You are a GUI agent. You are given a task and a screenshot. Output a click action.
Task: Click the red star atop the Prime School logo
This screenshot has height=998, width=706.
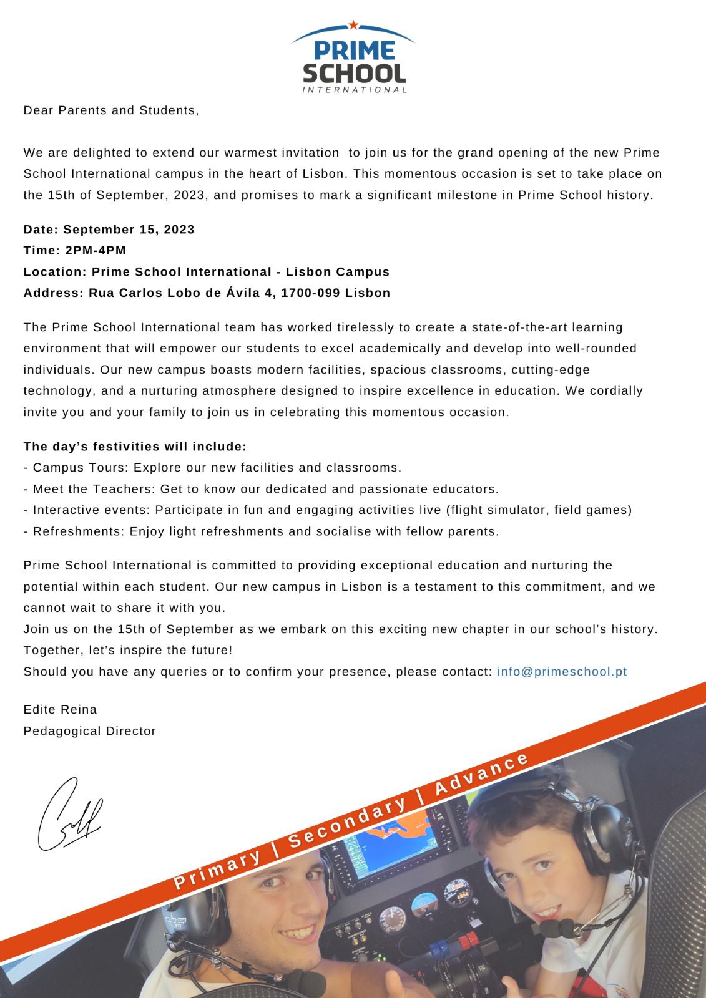353,25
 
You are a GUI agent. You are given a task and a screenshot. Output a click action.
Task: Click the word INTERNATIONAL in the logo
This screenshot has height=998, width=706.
355,90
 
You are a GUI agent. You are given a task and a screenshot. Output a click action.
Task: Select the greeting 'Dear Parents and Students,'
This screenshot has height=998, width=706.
111,110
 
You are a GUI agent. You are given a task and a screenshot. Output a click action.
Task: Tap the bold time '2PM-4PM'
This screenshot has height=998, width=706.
96,251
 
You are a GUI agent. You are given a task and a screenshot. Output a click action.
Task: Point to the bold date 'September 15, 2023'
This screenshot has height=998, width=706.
129,230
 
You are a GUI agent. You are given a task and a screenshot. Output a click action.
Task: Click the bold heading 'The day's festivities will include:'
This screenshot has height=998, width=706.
135,447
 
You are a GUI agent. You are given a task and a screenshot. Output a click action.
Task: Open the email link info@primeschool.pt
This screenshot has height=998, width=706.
562,672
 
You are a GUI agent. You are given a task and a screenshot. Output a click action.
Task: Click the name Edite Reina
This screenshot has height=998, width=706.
60,710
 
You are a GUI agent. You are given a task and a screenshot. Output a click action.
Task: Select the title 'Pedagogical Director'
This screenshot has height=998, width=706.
89,731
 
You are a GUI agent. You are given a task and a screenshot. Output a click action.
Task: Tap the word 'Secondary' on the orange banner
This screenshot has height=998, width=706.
348,822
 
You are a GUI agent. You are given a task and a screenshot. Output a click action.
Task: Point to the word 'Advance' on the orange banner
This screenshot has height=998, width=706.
481,775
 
